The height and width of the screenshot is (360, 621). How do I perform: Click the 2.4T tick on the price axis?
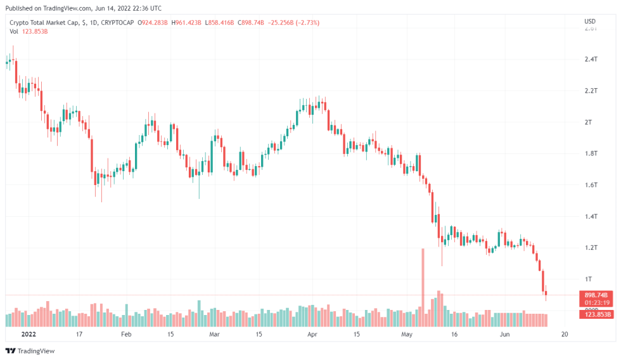591,59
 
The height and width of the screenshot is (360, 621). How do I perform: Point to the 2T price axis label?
588,122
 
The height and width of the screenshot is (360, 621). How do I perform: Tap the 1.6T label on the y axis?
591,184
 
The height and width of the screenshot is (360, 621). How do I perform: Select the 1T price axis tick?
588,279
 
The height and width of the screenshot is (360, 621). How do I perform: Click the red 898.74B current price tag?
596,295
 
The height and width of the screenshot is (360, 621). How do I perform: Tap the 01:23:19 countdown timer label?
596,303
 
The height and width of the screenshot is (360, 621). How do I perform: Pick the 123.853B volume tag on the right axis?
596,314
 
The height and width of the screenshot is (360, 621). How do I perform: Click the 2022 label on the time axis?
29,333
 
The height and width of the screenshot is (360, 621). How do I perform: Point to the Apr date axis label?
311,333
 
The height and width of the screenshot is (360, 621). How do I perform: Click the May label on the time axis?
407,333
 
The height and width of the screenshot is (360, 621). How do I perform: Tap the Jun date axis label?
504,333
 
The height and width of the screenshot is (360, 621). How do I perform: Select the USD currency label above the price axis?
589,22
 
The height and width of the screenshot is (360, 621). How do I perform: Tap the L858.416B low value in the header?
219,23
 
